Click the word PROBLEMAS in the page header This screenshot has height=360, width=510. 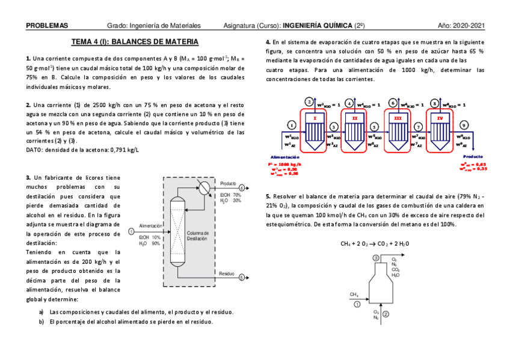click(47, 25)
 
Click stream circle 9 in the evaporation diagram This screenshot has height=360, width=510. click(464, 124)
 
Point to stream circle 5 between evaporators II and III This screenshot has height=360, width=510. click(374, 127)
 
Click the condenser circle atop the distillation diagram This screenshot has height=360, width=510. click(204, 187)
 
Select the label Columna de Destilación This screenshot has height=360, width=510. click(197, 236)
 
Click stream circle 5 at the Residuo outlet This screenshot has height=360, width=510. click(242, 278)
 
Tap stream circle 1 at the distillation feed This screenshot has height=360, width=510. click(131, 231)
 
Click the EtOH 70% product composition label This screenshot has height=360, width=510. click(230, 195)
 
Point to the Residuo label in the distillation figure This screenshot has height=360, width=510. click(227, 273)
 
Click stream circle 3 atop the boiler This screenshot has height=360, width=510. click(376, 258)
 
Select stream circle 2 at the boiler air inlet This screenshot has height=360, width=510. click(386, 314)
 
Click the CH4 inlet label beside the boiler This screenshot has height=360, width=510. click(354, 294)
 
